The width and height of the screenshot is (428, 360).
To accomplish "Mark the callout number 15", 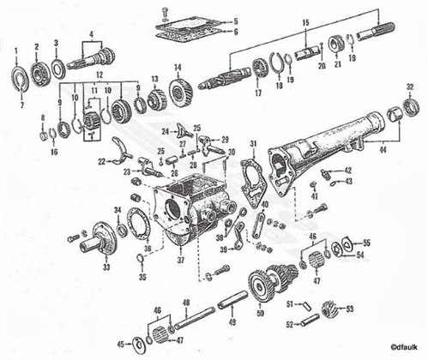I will (305, 20).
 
